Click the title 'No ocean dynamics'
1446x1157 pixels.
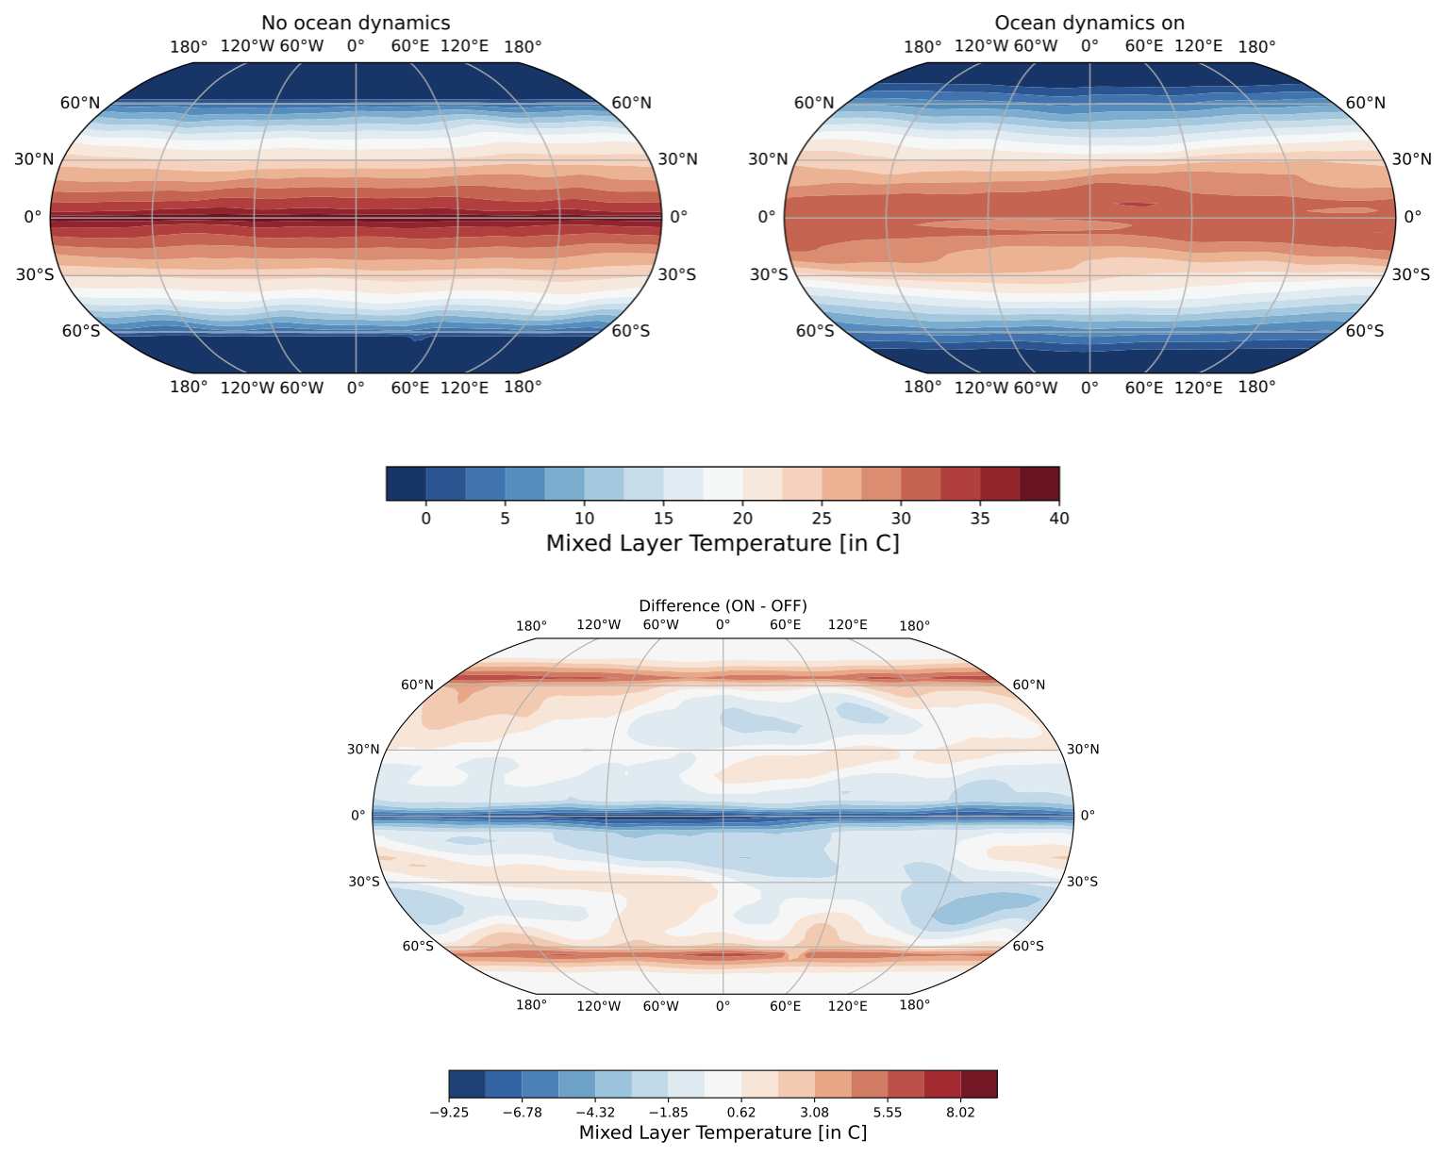click(x=356, y=23)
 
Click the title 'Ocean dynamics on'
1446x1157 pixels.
click(x=1089, y=23)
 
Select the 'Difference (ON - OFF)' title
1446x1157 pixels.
click(x=723, y=605)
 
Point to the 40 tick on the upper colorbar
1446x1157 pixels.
click(x=1059, y=518)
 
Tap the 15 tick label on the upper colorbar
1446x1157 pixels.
click(x=663, y=518)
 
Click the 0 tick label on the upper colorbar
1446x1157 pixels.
click(x=425, y=518)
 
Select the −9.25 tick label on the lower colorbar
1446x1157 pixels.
click(x=449, y=1113)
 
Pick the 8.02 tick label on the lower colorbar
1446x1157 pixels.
click(x=960, y=1113)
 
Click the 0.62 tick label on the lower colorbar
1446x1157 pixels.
click(x=741, y=1113)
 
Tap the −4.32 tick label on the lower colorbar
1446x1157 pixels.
click(x=595, y=1113)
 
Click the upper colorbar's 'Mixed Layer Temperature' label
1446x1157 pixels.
click(x=723, y=544)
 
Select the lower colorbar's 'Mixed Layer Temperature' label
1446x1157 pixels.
click(x=723, y=1132)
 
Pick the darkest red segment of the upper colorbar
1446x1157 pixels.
click(x=1039, y=483)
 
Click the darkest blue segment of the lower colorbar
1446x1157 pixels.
click(x=467, y=1084)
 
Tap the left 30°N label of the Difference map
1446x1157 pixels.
click(x=363, y=750)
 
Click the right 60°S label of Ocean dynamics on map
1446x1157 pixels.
click(x=1365, y=331)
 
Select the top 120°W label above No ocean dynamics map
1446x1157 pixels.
click(x=247, y=47)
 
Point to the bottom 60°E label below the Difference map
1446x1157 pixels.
click(x=785, y=1005)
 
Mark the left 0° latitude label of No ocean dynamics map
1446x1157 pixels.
click(x=32, y=217)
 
